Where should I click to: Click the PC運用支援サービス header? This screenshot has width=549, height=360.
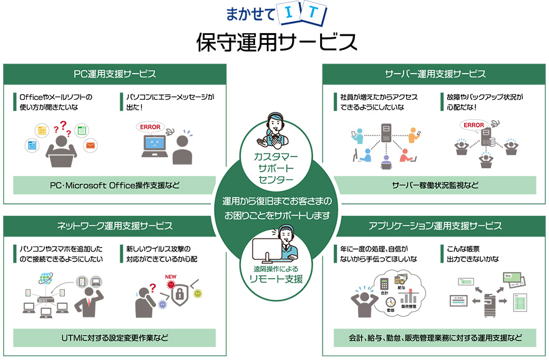115,74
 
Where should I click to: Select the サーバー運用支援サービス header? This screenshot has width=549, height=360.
435,74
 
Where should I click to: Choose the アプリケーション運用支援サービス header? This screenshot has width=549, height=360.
435,225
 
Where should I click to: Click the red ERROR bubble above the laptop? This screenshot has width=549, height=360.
150,127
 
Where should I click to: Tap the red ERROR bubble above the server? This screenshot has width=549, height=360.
474,125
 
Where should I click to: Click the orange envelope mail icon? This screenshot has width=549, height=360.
90,146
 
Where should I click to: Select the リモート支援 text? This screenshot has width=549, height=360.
275,279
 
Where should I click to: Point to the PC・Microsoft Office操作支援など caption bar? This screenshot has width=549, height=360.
115,185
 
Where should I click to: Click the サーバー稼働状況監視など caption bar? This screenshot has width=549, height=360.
435,185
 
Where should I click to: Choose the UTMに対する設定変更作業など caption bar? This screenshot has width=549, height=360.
115,338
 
